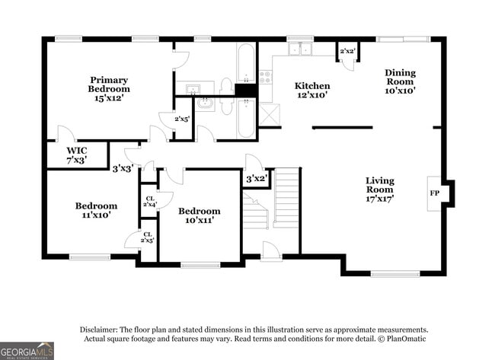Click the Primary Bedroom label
108,89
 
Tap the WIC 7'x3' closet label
76,155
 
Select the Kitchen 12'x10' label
312,91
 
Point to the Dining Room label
399,81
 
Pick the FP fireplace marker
435,193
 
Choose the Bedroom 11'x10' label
96,210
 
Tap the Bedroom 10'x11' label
199,215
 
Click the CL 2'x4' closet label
148,201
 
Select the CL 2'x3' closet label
148,237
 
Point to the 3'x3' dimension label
123,168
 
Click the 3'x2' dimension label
256,178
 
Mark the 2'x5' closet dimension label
182,119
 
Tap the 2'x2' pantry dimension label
348,51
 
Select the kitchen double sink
300,49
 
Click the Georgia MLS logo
27,350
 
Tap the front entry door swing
271,251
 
